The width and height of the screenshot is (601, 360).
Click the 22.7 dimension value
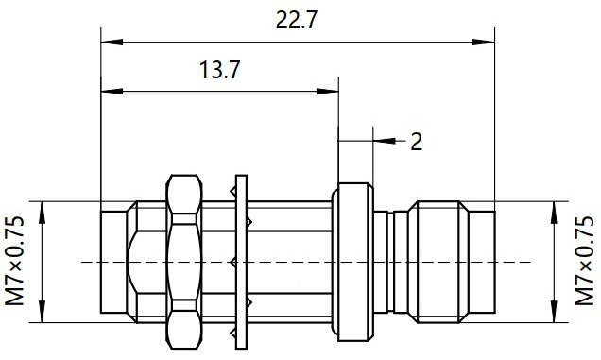click(297, 21)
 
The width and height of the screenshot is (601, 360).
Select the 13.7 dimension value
click(220, 70)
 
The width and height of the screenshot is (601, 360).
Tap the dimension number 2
click(416, 141)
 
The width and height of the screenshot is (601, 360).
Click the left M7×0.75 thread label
click(14, 261)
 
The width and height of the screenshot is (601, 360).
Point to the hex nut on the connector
click(184, 262)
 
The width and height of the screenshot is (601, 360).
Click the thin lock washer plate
click(241, 262)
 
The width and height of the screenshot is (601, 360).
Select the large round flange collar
click(352, 262)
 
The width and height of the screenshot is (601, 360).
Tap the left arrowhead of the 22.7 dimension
click(112, 42)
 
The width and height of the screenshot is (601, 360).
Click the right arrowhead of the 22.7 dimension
click(483, 42)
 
